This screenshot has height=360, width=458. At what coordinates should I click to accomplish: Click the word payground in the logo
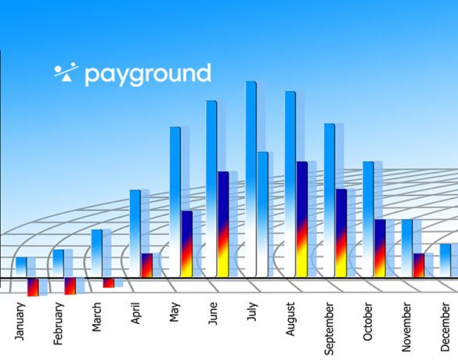tap(148, 75)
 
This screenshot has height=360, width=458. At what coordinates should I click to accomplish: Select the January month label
tap(20, 322)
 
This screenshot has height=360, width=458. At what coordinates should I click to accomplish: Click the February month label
tap(58, 324)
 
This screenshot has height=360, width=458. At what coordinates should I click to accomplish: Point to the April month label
tap(135, 313)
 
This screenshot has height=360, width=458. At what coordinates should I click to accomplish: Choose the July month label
tap(252, 311)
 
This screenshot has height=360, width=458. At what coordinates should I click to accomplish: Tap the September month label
tap(329, 329)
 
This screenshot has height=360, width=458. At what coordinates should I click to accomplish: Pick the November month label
tap(406, 327)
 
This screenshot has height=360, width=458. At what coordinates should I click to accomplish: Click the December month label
tap(445, 327)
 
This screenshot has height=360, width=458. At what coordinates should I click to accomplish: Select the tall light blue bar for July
tap(251, 179)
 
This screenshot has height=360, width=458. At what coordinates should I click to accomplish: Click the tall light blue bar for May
tap(175, 202)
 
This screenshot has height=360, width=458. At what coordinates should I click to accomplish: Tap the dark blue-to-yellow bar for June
tap(223, 224)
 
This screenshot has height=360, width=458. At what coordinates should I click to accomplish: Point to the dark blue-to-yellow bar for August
tap(301, 219)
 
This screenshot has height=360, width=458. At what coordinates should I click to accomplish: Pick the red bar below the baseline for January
tap(33, 287)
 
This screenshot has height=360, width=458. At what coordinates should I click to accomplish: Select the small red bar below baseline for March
tap(109, 283)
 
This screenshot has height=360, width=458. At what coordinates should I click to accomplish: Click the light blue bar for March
tap(97, 253)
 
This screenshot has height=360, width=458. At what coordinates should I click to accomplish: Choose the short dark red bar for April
tap(147, 265)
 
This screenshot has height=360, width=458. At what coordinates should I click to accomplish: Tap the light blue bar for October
tap(368, 219)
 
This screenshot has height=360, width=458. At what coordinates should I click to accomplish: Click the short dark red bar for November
tap(419, 265)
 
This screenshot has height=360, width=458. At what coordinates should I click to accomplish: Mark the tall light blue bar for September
tap(330, 200)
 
